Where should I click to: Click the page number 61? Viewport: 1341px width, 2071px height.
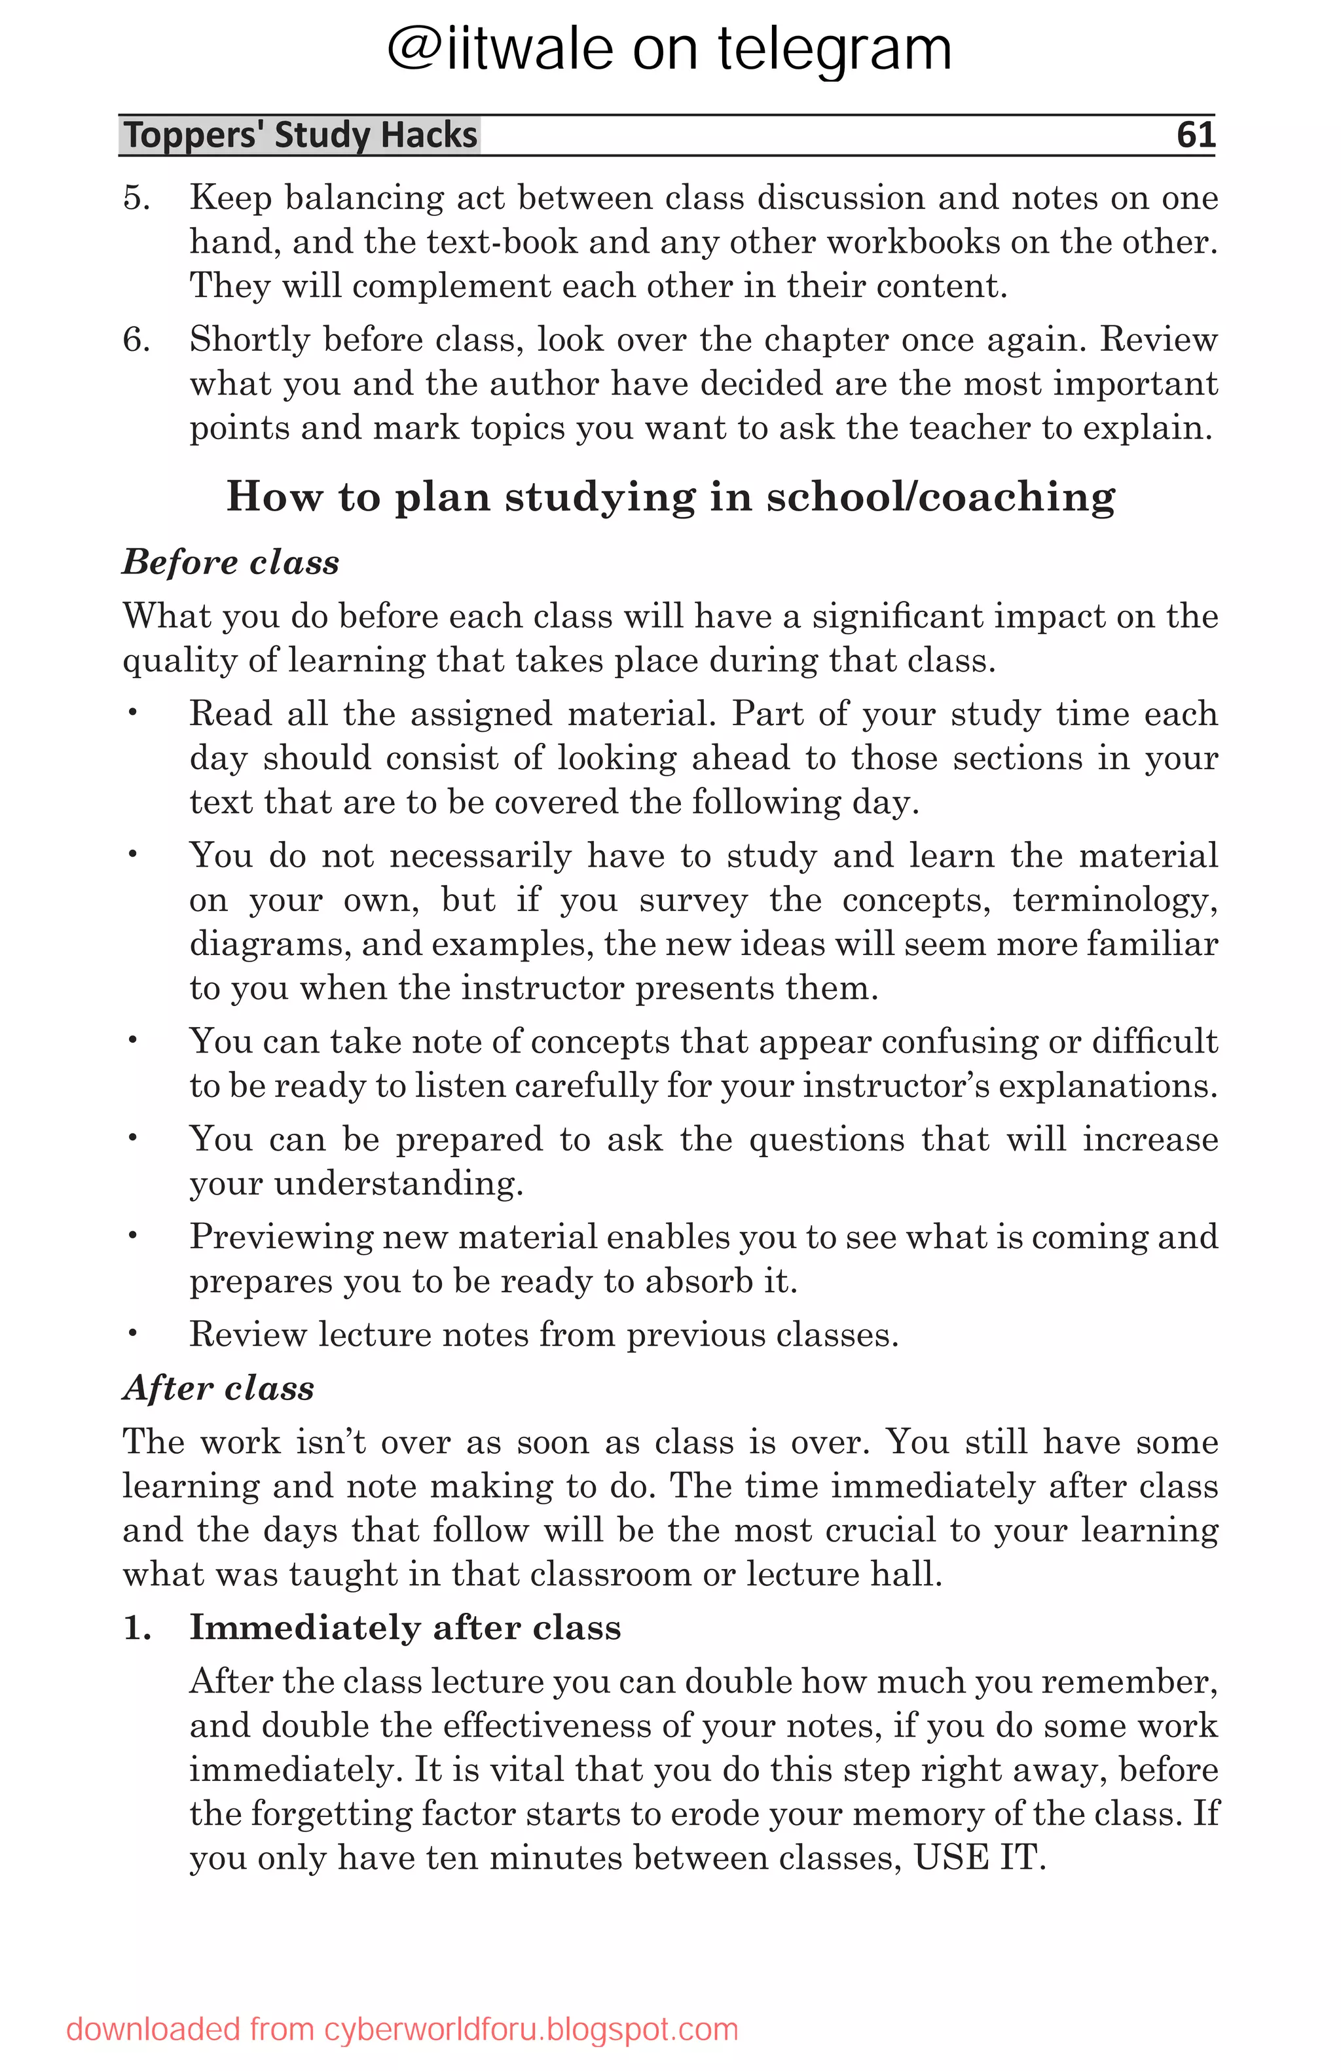(x=1195, y=135)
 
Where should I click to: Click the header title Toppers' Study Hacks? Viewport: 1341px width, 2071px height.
(x=301, y=135)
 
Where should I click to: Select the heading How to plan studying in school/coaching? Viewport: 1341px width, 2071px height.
(x=670, y=497)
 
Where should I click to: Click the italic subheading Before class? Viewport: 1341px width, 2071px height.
(x=230, y=562)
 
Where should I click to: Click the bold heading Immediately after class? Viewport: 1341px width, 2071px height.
(x=405, y=1627)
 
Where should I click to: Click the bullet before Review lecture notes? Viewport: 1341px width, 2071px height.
(x=132, y=1333)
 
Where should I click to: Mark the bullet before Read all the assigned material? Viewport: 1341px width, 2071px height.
(x=132, y=713)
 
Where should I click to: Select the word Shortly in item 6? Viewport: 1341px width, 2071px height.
(x=249, y=339)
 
